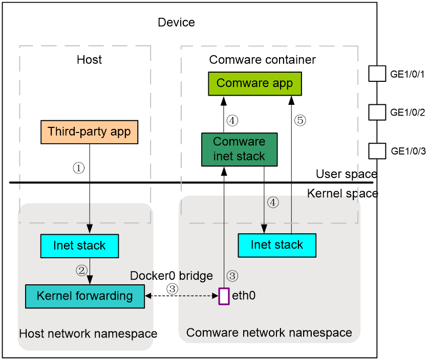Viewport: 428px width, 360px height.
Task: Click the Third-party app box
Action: [x=89, y=132]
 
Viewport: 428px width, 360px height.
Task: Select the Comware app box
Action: [x=255, y=84]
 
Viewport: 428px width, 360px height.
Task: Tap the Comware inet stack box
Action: [x=240, y=149]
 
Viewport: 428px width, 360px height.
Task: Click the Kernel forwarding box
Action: [x=85, y=297]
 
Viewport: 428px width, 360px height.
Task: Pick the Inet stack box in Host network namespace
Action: [x=79, y=246]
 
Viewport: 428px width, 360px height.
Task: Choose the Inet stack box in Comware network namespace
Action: [x=277, y=245]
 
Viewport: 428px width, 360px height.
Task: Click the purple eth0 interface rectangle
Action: [x=224, y=296]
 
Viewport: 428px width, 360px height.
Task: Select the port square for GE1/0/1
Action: [x=377, y=74]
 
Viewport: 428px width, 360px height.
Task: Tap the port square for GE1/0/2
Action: [x=377, y=112]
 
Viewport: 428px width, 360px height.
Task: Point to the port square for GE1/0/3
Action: [x=377, y=151]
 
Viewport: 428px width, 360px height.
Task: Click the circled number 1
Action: [x=79, y=168]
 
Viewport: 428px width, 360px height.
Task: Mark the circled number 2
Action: [x=81, y=271]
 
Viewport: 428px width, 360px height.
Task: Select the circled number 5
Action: [x=300, y=120]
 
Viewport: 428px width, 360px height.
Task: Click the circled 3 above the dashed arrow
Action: [x=173, y=289]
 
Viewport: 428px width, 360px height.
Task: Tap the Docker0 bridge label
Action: [x=172, y=276]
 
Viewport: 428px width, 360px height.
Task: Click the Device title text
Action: [x=176, y=22]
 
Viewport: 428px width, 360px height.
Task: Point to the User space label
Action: [x=347, y=174]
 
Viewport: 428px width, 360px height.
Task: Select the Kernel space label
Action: [x=343, y=194]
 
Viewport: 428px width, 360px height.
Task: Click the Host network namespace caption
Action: [x=88, y=334]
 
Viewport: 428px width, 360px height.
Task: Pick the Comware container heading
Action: [x=262, y=60]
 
